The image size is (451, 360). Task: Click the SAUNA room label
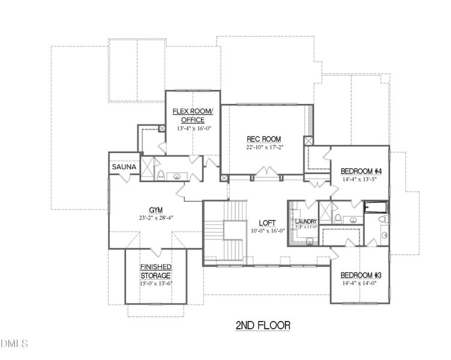coord(124,167)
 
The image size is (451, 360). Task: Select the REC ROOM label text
coord(264,139)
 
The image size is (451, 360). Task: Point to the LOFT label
coord(266,221)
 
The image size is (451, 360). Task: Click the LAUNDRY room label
coord(306,221)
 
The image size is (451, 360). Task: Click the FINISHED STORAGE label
coord(156,271)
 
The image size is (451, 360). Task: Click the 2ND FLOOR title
coord(263,325)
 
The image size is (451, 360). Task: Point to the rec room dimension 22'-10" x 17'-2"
coord(264,148)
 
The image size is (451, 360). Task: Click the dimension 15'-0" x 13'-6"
coord(156,283)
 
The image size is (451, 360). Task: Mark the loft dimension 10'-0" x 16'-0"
coord(266,230)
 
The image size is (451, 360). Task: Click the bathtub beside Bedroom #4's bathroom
coord(376,208)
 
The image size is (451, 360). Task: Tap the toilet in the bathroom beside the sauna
coord(161,175)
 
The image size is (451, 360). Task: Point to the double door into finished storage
coord(155,250)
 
